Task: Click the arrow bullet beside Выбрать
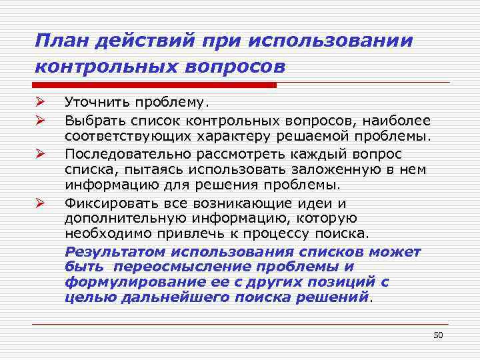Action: (40, 120)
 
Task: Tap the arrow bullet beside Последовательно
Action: (40, 153)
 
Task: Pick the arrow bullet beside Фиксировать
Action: (40, 203)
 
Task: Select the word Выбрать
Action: (95, 121)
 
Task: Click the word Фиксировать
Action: (107, 203)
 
